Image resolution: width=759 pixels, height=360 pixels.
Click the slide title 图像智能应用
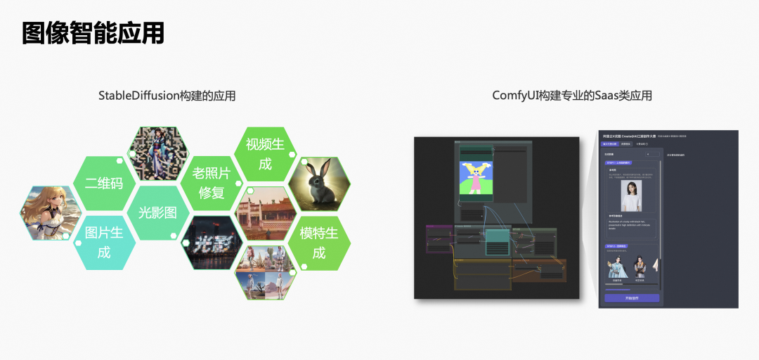point(93,32)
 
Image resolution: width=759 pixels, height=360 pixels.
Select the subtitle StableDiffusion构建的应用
point(167,96)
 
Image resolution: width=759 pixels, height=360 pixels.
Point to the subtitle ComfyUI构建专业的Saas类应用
point(572,96)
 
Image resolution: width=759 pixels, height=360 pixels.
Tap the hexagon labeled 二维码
point(104,184)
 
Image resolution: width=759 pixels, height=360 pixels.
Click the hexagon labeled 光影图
point(157,212)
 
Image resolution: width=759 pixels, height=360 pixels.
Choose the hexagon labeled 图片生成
point(104,242)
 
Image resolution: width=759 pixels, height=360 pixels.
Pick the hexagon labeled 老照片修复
point(211,183)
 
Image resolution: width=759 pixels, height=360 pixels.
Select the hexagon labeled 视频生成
point(264,154)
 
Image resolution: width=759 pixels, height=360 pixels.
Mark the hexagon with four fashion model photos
point(266,272)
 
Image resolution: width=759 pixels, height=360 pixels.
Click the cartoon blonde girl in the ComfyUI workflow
point(475,177)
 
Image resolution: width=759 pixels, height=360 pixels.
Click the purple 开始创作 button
point(632,298)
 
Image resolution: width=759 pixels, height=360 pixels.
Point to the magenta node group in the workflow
point(439,238)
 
